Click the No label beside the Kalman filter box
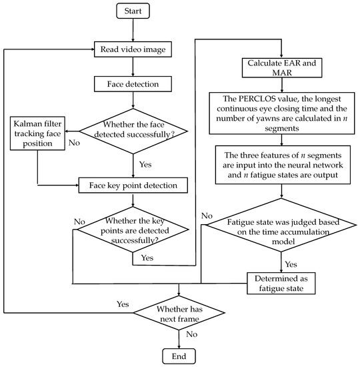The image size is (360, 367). click(x=75, y=143)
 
